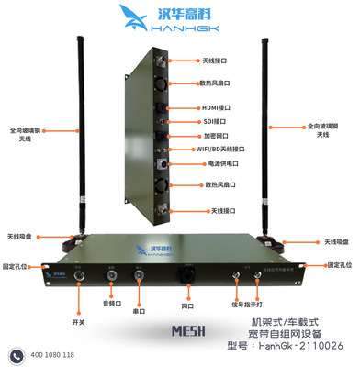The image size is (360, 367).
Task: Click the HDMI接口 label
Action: click(x=219, y=106)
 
